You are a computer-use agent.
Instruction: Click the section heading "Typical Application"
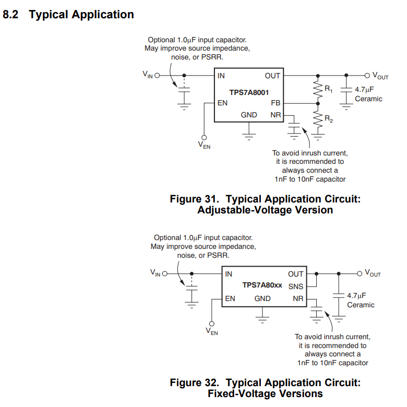[81, 15]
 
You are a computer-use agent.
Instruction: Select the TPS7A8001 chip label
[249, 92]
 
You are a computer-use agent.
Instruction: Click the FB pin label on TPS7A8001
[276, 103]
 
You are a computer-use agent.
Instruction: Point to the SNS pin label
[295, 286]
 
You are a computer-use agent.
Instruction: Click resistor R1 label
[329, 89]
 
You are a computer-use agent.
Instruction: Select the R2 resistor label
[329, 119]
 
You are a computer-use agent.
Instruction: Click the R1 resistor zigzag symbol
[316, 89]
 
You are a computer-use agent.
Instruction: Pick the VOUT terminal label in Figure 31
[380, 76]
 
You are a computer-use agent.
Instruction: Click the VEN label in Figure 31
[204, 146]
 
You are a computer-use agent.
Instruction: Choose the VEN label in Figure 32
[212, 331]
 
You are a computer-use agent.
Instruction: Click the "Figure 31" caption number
[194, 199]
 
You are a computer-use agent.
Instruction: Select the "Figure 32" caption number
[194, 383]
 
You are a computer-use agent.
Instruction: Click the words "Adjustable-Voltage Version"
[265, 210]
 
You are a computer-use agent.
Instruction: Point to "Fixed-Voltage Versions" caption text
[265, 394]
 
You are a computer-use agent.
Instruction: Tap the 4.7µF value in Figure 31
[364, 89]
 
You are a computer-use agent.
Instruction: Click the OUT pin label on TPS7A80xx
[295, 274]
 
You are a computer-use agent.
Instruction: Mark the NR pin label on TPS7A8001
[276, 115]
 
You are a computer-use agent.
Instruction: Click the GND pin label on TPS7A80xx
[262, 298]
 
